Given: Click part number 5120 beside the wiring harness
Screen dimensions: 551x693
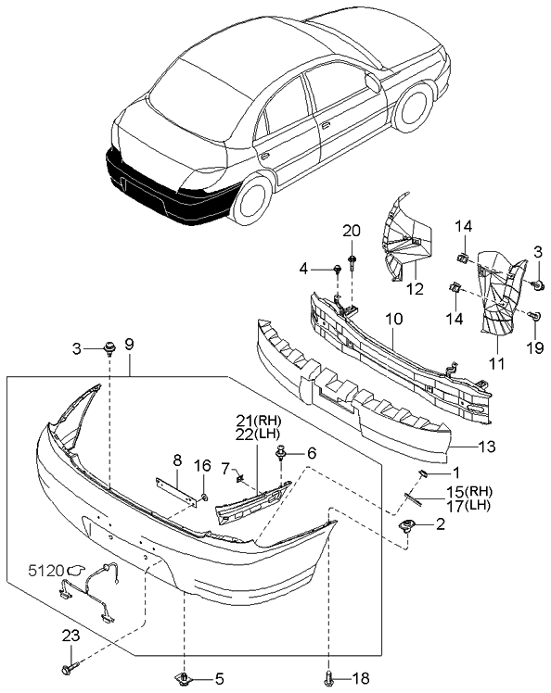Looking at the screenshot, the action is click(46, 571).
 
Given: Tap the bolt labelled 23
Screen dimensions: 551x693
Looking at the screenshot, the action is click(70, 664).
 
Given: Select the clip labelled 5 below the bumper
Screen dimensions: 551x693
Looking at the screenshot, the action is click(184, 677).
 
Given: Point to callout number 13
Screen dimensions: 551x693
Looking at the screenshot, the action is click(487, 447).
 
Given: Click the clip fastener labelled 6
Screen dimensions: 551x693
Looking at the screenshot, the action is click(280, 453).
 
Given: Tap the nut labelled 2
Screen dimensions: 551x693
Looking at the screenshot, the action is click(406, 525).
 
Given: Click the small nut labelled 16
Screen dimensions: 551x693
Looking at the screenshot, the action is click(204, 498).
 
